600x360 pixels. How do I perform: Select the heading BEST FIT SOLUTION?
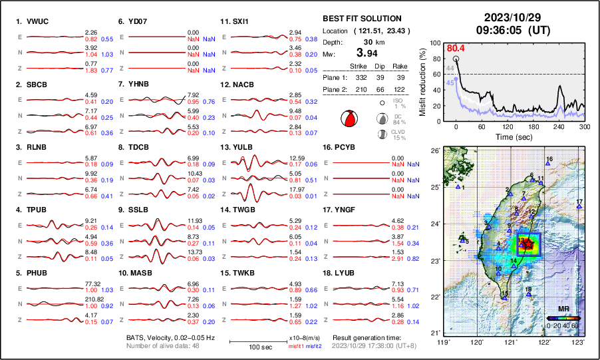click(x=361, y=19)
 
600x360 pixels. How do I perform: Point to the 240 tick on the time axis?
click(x=559, y=126)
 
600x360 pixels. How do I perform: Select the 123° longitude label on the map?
click(x=579, y=341)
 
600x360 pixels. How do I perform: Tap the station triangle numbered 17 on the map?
click(x=579, y=207)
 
